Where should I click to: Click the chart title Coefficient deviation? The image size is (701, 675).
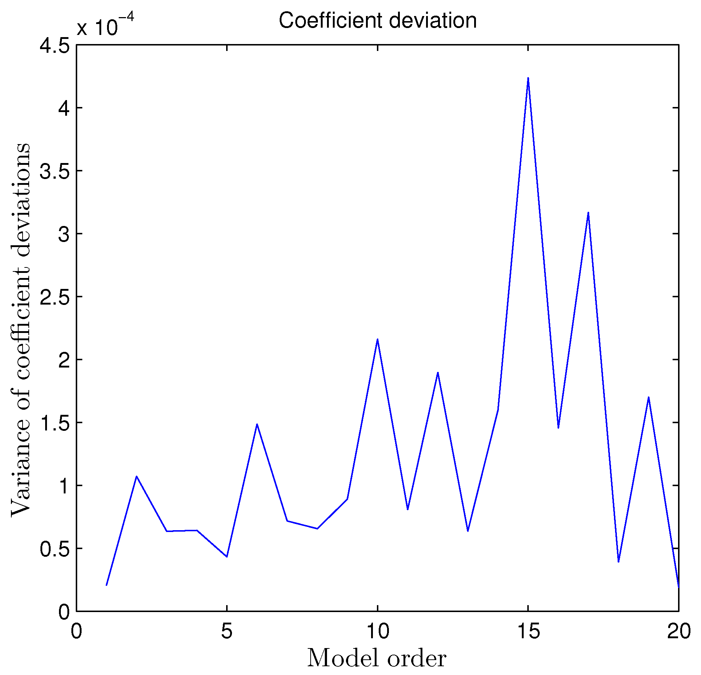click(x=378, y=21)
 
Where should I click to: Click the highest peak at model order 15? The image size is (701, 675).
click(x=528, y=78)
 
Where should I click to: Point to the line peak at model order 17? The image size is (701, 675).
click(x=588, y=213)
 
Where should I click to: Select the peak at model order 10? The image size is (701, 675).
click(x=378, y=339)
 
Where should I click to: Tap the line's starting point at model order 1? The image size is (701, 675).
click(x=106, y=585)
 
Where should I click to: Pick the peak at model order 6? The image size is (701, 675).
click(x=257, y=424)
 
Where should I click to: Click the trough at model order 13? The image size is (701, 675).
click(x=468, y=531)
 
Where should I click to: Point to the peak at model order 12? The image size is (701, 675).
click(x=438, y=373)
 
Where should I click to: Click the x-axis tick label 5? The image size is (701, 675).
click(x=227, y=631)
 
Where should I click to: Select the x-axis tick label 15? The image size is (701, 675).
click(x=528, y=631)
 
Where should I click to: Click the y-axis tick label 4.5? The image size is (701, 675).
click(x=55, y=46)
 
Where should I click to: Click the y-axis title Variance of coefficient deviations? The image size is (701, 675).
click(x=21, y=329)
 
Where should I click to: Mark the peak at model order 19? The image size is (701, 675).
click(x=649, y=397)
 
